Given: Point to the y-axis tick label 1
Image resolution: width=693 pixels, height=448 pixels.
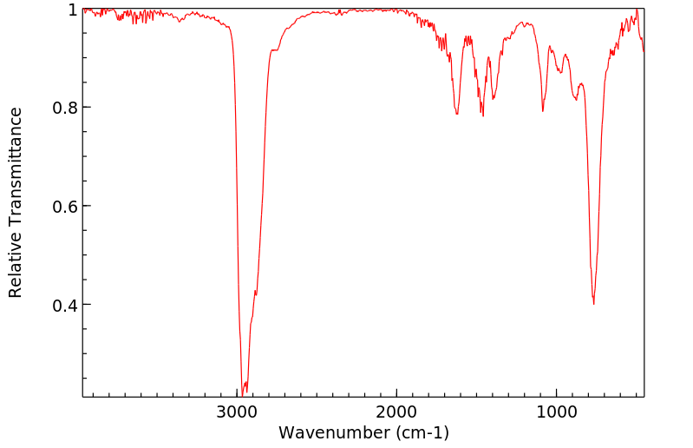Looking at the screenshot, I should tap(73, 10).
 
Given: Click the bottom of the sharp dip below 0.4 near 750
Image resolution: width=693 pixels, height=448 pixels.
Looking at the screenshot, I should tap(593, 303).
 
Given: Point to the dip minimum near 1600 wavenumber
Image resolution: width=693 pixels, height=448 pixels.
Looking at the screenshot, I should tap(457, 114).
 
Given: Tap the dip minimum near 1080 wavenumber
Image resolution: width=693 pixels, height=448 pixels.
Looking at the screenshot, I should tap(543, 110).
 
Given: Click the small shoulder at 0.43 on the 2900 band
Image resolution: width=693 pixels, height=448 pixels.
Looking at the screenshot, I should tap(255, 291).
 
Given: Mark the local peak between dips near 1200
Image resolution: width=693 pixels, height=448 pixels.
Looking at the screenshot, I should tap(526, 23).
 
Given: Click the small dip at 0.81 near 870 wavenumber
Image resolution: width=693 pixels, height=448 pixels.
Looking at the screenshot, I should tap(575, 99).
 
